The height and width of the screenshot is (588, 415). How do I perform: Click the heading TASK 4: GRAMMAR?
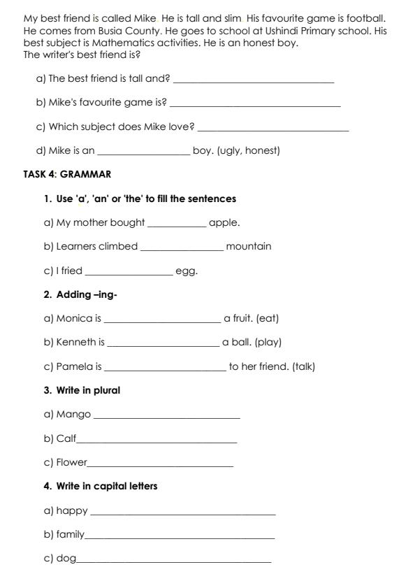click(x=67, y=174)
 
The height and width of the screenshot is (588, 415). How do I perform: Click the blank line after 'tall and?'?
click(x=253, y=82)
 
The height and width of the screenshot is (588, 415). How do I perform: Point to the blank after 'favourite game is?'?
click(x=255, y=106)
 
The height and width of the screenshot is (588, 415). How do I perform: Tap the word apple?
click(x=224, y=222)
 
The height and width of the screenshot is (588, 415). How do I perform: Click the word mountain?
click(x=249, y=246)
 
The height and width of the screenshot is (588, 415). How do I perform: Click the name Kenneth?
click(x=76, y=342)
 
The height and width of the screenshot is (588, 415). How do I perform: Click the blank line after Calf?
click(x=157, y=442)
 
